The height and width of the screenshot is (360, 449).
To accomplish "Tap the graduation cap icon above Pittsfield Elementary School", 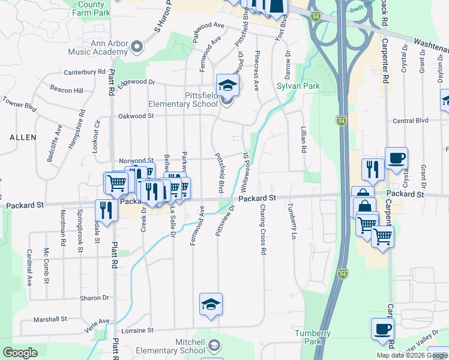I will (228, 85).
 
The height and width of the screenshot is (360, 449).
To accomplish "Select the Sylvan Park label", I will (298, 86).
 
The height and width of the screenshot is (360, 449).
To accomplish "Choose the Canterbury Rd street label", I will (85, 72).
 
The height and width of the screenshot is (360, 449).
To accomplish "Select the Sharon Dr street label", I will (96, 298).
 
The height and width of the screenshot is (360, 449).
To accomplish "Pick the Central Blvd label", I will (409, 121).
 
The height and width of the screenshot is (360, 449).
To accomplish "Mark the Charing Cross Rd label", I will (262, 229).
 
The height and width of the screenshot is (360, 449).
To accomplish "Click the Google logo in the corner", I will (20, 353).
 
